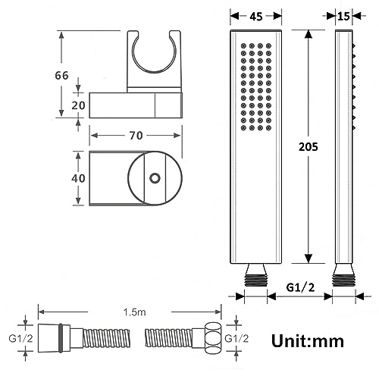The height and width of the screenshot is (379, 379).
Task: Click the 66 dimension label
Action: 61,75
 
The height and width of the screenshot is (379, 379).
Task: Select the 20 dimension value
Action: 78,105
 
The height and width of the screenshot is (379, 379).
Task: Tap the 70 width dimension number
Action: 136,136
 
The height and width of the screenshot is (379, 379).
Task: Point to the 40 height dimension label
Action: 78,178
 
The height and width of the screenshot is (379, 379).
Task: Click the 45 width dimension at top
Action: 256,17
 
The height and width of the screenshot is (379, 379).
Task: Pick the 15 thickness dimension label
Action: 343,17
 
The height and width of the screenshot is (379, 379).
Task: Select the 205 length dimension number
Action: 309,146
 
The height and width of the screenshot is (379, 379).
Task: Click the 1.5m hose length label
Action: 134,312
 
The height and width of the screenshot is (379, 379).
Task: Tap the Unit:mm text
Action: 308,341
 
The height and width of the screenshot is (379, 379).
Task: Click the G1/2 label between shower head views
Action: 300,287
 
